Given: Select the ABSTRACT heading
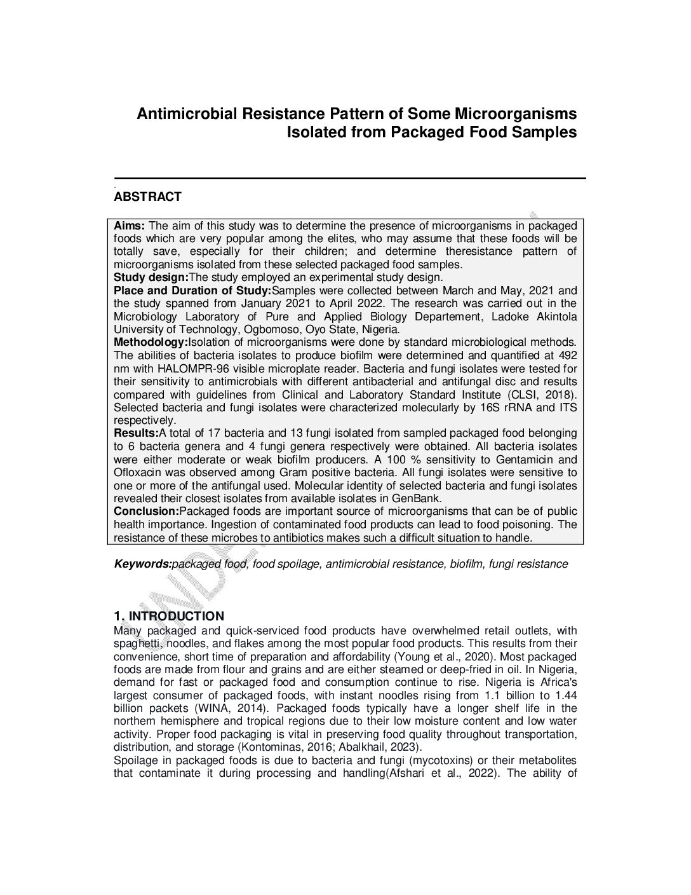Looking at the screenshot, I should [x=147, y=197].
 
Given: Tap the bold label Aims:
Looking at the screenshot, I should [x=130, y=226].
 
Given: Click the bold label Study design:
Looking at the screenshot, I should [x=151, y=277].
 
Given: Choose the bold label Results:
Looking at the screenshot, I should [x=136, y=433].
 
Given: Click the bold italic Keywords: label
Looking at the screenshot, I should [x=143, y=564].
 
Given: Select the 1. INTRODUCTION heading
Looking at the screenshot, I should [x=169, y=616].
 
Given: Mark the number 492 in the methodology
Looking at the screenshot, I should [x=567, y=355].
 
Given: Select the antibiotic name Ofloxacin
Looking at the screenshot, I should [x=137, y=472].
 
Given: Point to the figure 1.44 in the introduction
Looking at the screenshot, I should [x=565, y=695].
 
